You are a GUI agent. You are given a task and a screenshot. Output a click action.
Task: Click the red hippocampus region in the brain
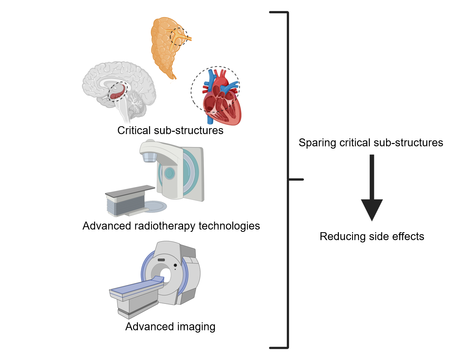coord(117,93)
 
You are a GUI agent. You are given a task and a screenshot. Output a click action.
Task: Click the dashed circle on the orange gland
coord(179,36)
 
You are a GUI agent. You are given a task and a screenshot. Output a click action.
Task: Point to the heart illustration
coord(221,99)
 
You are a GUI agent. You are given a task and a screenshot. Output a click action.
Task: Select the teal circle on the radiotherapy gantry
coord(170,173)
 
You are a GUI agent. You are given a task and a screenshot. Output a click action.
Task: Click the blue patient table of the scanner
coord(137,287)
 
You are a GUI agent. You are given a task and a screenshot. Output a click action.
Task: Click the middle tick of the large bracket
coord(296,179)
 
